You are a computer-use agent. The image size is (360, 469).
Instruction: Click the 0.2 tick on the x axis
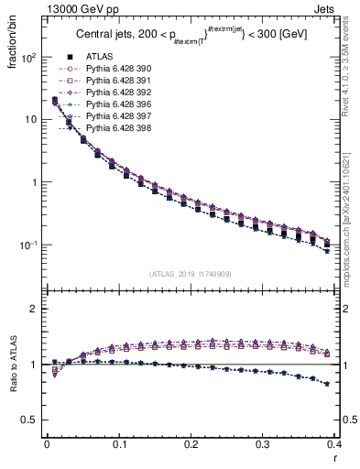coord(191,445)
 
